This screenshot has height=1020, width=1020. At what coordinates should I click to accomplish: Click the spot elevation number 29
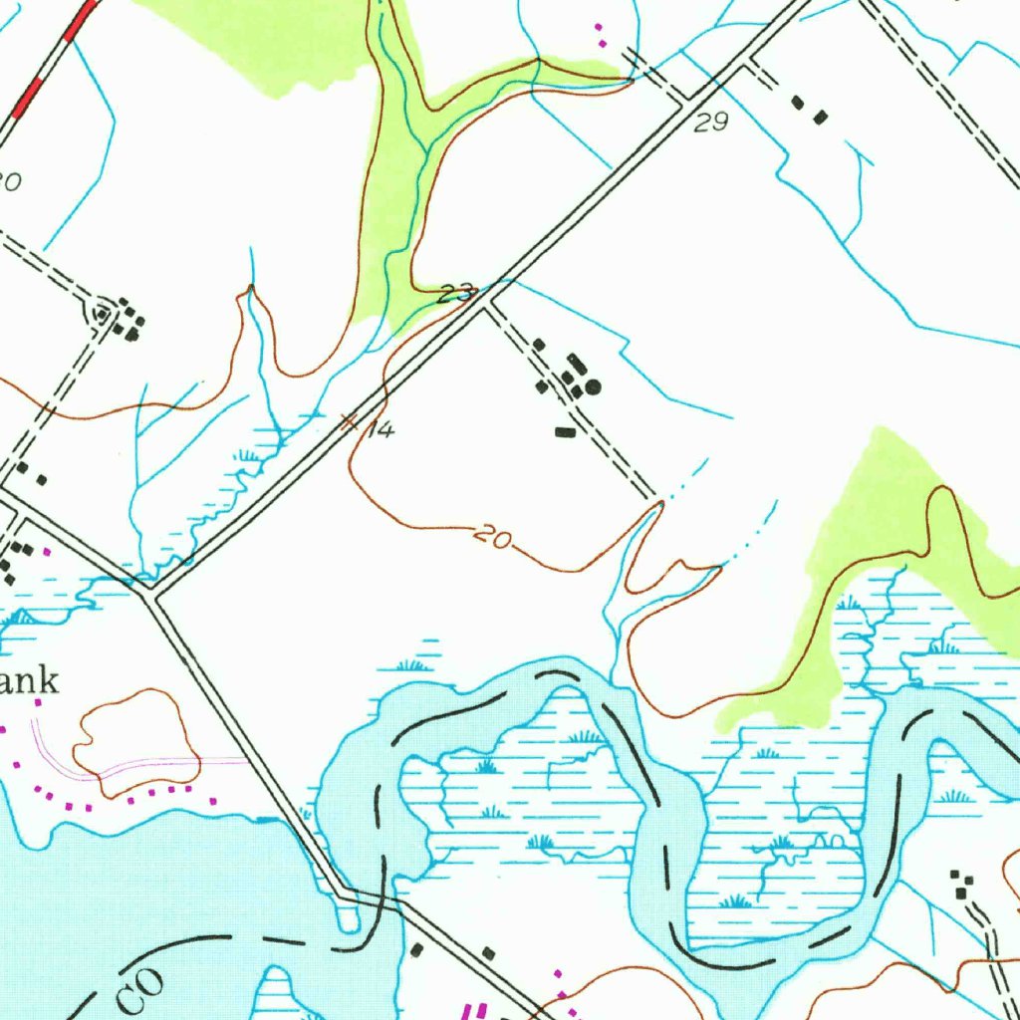(712, 123)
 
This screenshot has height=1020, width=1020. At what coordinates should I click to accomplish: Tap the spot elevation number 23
(456, 293)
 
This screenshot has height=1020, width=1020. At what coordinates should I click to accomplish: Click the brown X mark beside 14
(349, 421)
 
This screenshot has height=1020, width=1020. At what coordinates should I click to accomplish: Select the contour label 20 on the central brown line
(493, 539)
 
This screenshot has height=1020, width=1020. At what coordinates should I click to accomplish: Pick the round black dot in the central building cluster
(594, 386)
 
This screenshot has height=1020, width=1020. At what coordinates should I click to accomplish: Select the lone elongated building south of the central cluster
(566, 432)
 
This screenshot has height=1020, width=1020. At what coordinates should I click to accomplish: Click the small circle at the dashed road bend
(102, 315)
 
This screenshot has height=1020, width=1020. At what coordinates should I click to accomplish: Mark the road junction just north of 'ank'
(149, 594)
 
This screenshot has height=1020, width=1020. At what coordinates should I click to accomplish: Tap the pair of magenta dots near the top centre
(600, 34)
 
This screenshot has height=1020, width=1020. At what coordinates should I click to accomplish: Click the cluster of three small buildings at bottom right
(960, 883)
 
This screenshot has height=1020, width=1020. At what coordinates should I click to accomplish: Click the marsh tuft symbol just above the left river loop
(413, 664)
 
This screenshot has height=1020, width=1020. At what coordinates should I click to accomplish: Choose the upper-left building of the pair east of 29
(798, 102)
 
